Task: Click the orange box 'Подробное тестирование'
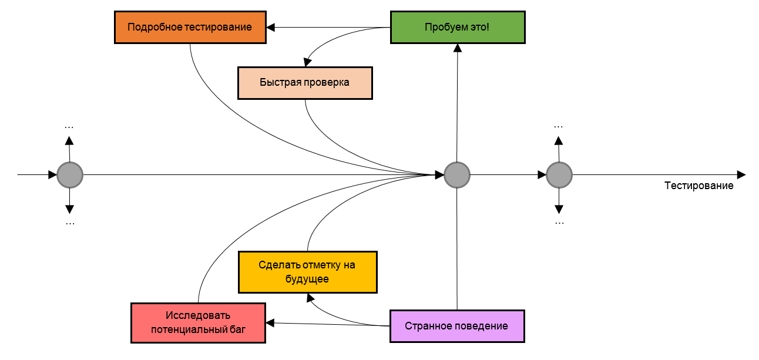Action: click(190, 27)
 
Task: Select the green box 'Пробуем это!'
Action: click(457, 27)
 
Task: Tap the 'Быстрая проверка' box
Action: click(305, 83)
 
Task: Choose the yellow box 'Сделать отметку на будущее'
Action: click(307, 272)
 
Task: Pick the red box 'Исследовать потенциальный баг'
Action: click(198, 322)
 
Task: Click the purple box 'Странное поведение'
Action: click(456, 326)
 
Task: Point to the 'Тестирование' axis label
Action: click(698, 186)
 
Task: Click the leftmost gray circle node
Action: click(70, 175)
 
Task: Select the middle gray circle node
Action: click(456, 175)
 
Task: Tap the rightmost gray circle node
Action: click(559, 175)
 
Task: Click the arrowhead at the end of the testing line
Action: click(741, 175)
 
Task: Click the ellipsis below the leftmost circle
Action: click(70, 223)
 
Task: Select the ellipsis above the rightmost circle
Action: click(559, 126)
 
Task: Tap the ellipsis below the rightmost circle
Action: click(559, 223)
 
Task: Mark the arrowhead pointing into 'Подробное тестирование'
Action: click(271, 27)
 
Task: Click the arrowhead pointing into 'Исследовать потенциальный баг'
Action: click(270, 322)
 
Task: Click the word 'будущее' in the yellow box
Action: click(307, 279)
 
